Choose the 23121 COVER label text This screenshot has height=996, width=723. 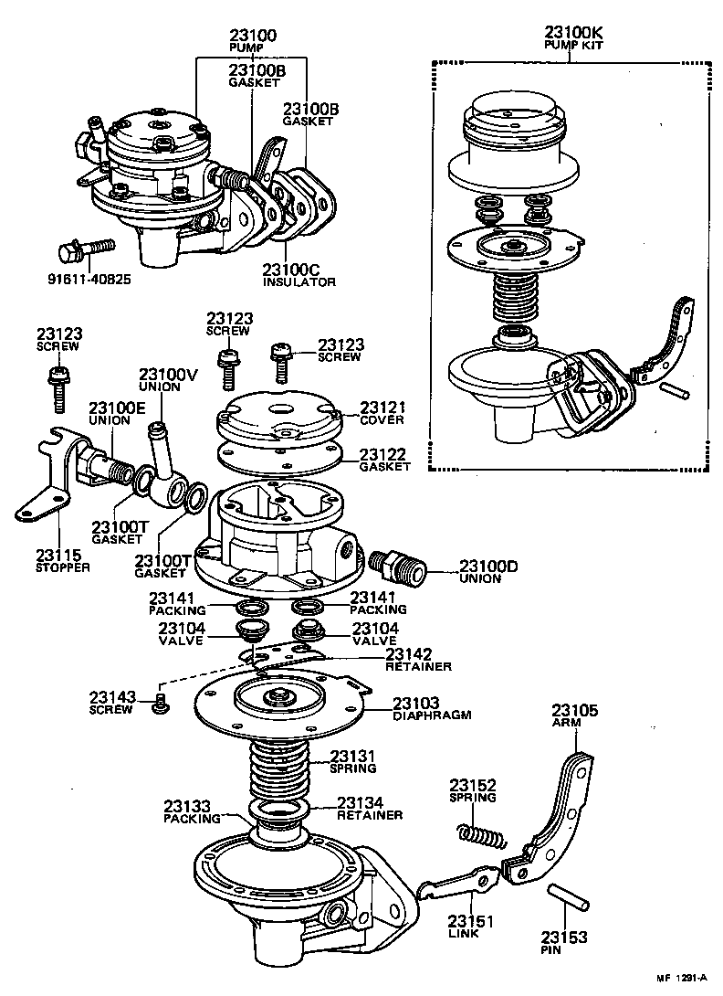[382, 412]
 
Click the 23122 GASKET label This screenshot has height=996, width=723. [383, 459]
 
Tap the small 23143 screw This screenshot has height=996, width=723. [162, 701]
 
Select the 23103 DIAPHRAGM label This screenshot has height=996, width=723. [432, 709]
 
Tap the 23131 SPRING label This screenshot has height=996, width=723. [353, 762]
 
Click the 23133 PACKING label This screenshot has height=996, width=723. [191, 812]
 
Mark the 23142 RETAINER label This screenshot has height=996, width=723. [418, 660]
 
